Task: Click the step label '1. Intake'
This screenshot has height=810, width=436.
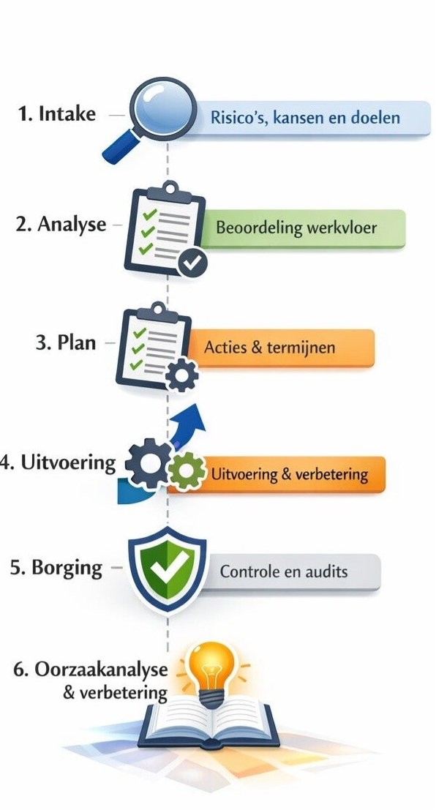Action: pos(57,114)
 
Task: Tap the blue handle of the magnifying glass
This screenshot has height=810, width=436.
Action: pos(121,147)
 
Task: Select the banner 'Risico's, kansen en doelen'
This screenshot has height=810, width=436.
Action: pos(305,119)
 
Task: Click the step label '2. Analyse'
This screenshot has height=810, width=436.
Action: pos(61,225)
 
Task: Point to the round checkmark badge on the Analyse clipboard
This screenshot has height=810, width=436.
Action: pos(192,263)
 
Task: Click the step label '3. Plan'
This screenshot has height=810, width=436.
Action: pos(66,342)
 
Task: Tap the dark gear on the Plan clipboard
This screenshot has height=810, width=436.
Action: pos(181,375)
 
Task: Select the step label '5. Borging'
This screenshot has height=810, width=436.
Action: pos(56,568)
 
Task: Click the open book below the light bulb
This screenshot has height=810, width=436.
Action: pos(209,721)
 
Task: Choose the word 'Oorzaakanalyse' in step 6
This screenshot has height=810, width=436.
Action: pos(101,670)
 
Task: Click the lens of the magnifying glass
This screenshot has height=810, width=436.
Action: pos(162,109)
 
